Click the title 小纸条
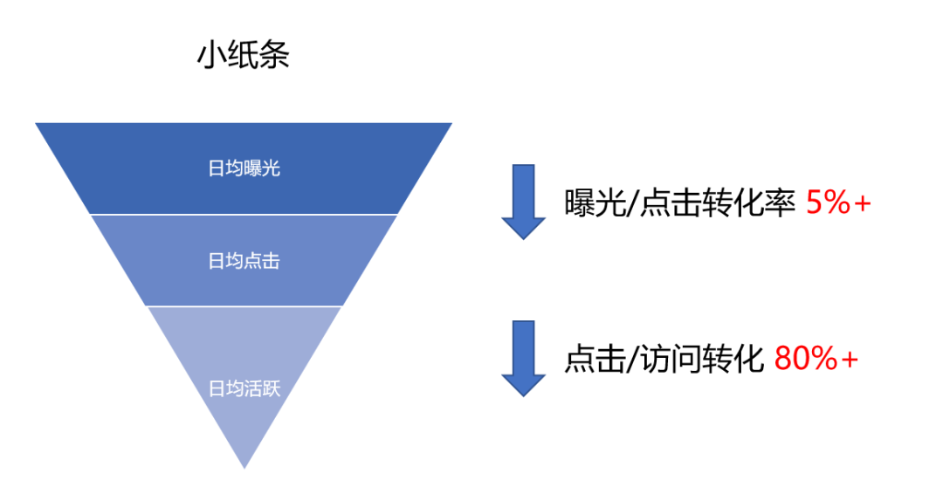pos(243,55)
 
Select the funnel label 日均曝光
pos(244,168)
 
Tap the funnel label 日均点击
pos(244,260)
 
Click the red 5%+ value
pos(839,202)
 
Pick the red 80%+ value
pos(816,359)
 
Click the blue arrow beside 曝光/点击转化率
pos(523,202)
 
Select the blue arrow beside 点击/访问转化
pos(523,359)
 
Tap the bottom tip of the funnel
pos(244,465)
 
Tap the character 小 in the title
pos(211,55)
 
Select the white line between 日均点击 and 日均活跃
pos(244,306)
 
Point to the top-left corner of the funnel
pos(38,124)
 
